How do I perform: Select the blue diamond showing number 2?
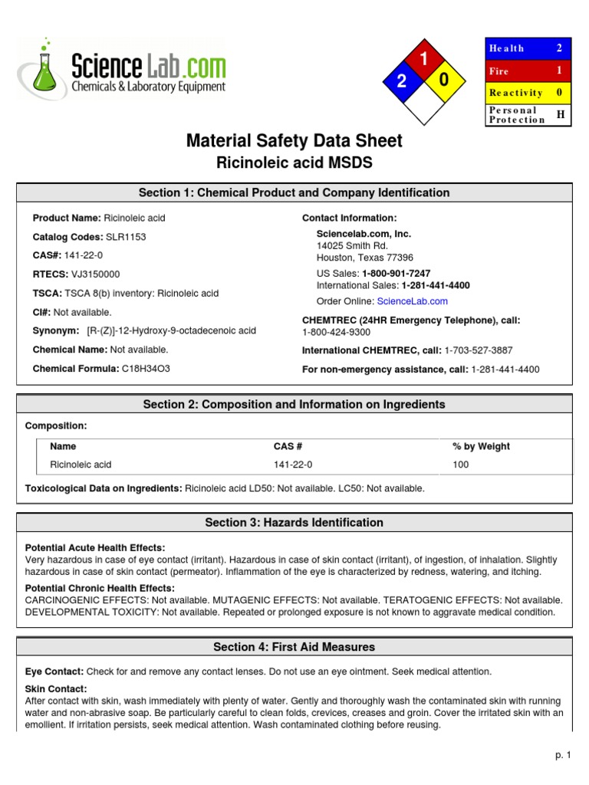point(401,81)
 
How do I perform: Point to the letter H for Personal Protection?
point(560,114)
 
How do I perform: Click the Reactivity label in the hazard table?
point(515,93)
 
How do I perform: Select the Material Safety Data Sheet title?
point(294,141)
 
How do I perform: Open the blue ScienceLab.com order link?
point(412,301)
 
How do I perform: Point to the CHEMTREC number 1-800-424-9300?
point(336,332)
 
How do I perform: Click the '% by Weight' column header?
point(481,446)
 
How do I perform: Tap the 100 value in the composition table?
point(460,465)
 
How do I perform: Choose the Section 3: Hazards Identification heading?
point(294,523)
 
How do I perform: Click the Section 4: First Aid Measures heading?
point(294,647)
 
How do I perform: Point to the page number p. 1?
point(564,755)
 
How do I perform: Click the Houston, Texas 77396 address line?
point(365,258)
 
